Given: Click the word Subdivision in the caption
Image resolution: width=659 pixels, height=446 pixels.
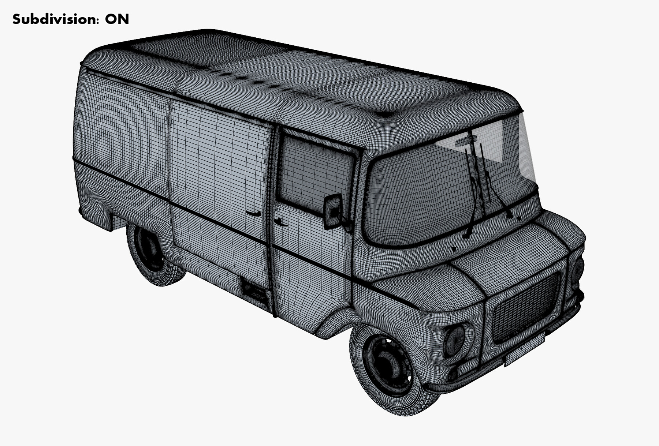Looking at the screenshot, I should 55,19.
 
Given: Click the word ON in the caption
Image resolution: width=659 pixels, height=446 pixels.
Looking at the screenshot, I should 117,19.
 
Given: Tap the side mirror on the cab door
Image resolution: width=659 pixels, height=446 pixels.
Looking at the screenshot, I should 333,211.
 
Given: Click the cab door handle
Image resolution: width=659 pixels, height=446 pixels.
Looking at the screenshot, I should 280,221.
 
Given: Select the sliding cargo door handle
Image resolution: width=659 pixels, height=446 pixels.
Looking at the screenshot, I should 253,213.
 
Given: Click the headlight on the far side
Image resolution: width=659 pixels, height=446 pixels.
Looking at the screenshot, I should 577,271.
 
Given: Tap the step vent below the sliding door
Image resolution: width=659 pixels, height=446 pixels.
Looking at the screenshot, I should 254,289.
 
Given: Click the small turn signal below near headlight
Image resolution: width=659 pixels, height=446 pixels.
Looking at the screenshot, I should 453,374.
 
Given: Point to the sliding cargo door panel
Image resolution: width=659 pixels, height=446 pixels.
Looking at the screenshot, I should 220,176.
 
